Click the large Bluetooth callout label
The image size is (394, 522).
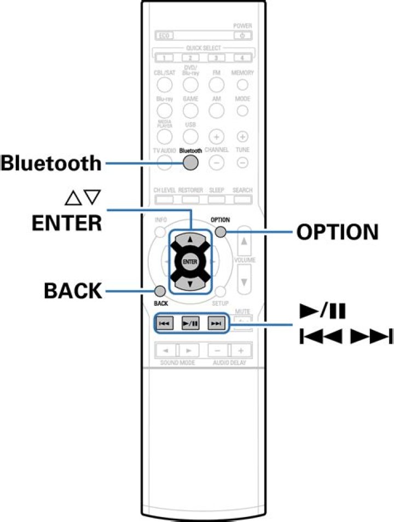click(x=51, y=163)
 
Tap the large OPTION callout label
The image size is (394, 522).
click(x=337, y=232)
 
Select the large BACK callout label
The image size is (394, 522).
click(x=73, y=291)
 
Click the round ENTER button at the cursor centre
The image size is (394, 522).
click(x=190, y=262)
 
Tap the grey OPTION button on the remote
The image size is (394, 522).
click(x=220, y=232)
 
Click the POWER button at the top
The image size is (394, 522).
click(x=242, y=36)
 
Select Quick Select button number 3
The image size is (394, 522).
click(x=216, y=57)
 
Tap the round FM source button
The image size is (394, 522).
click(x=217, y=85)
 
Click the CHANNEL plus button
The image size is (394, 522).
click(x=217, y=136)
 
